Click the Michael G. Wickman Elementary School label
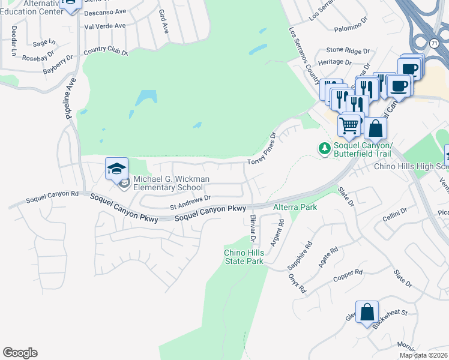pos(171,183)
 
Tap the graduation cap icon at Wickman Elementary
pos(117,169)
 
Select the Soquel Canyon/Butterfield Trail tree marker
pos(325,147)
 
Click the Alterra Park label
pos(295,207)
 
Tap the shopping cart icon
pos(349,125)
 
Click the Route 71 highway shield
pos(434,43)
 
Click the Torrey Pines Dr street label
pos(262,149)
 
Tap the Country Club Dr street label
pos(106,52)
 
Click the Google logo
pos(20,353)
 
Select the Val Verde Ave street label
pos(105,26)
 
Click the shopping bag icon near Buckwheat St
pos(367,312)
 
